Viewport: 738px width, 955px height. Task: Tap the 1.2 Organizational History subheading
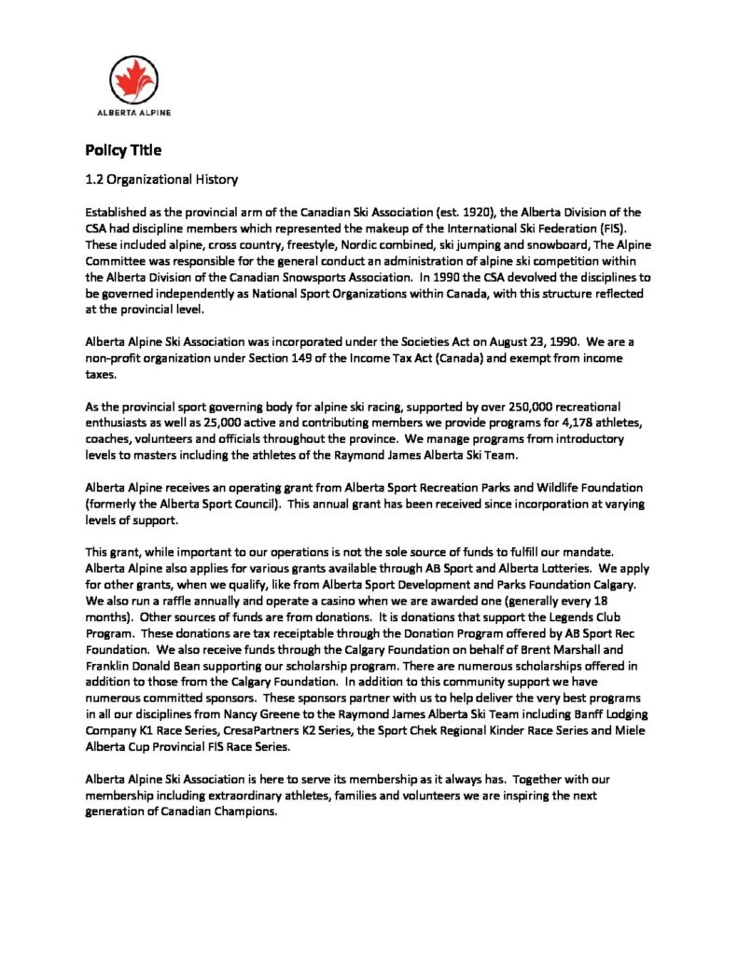coord(161,178)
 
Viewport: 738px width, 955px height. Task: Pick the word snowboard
coord(527,244)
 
